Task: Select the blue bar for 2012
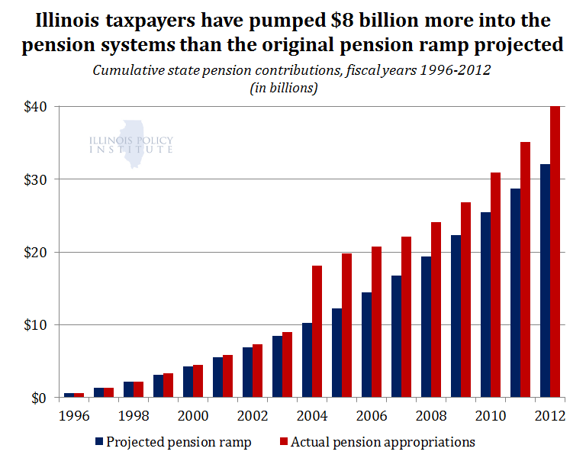[x=545, y=281]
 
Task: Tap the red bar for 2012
[x=555, y=252]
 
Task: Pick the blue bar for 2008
[x=426, y=327]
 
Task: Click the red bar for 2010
[x=495, y=285]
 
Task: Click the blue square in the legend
[x=99, y=442]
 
